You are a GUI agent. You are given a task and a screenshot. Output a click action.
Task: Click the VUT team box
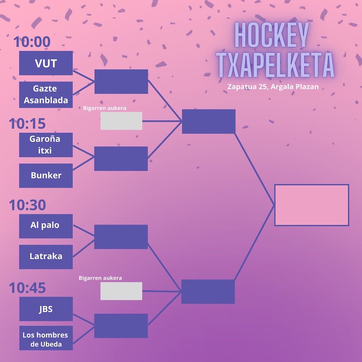click(x=46, y=63)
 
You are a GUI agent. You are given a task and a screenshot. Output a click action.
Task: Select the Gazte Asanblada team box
click(x=46, y=95)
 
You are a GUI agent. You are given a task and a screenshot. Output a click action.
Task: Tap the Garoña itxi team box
click(x=46, y=145)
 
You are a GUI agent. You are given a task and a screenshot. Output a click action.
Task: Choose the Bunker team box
click(x=46, y=175)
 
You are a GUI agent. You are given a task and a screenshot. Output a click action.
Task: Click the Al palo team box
click(x=46, y=226)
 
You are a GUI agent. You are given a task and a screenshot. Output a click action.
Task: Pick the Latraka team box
click(x=46, y=256)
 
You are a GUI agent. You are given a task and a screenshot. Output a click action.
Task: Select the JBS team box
click(x=46, y=309)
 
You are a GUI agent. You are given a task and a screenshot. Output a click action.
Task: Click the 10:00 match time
click(x=32, y=42)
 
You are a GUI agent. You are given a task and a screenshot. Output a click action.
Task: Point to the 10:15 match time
click(x=27, y=124)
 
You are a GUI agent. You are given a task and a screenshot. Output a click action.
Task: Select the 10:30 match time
click(x=27, y=205)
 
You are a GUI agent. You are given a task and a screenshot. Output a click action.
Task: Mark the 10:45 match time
click(x=27, y=288)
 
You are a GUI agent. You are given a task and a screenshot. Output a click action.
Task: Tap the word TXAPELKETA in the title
click(x=275, y=65)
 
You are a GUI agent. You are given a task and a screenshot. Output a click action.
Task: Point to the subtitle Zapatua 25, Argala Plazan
click(x=273, y=86)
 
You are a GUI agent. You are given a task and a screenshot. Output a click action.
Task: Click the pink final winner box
click(x=312, y=205)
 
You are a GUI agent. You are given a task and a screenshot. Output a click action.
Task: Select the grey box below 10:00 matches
click(x=121, y=121)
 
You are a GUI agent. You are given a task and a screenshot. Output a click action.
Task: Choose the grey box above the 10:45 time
click(x=121, y=291)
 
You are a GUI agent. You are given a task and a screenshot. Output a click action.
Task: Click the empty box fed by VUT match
click(x=121, y=81)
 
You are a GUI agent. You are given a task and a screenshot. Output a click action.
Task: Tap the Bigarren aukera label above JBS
click(x=100, y=278)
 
